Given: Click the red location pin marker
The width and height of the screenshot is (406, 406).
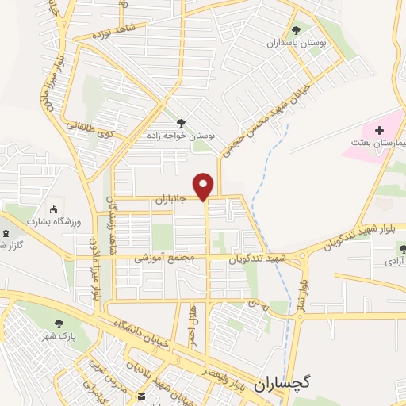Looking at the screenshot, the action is click(205, 186).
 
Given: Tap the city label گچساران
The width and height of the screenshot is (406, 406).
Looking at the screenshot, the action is click(283, 382).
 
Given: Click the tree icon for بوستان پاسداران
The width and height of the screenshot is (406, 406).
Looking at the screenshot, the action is click(296, 30).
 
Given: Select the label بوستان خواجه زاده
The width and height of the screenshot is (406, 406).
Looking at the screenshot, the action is click(180, 135).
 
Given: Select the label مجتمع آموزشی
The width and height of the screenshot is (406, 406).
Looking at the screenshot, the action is click(159, 258).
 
